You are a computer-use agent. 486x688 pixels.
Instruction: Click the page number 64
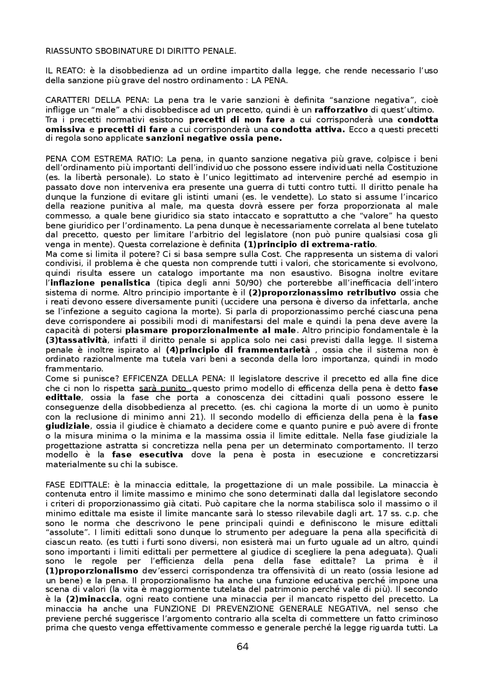tap(243, 647)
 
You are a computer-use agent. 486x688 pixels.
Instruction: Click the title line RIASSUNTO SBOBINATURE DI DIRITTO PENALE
tap(140, 51)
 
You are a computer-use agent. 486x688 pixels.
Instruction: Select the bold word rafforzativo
tap(341, 110)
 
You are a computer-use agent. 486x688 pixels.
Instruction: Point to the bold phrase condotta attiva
tap(308, 129)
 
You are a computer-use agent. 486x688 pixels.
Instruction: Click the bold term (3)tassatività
tap(76, 340)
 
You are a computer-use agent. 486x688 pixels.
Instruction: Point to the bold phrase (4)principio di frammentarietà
tap(238, 350)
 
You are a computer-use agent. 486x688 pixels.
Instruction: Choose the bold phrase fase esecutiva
tap(147, 455)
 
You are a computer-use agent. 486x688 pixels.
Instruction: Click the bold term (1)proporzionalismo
tap(92, 571)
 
